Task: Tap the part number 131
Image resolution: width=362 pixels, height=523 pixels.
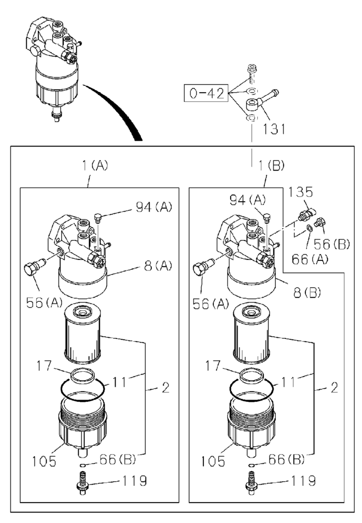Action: tap(274, 129)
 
